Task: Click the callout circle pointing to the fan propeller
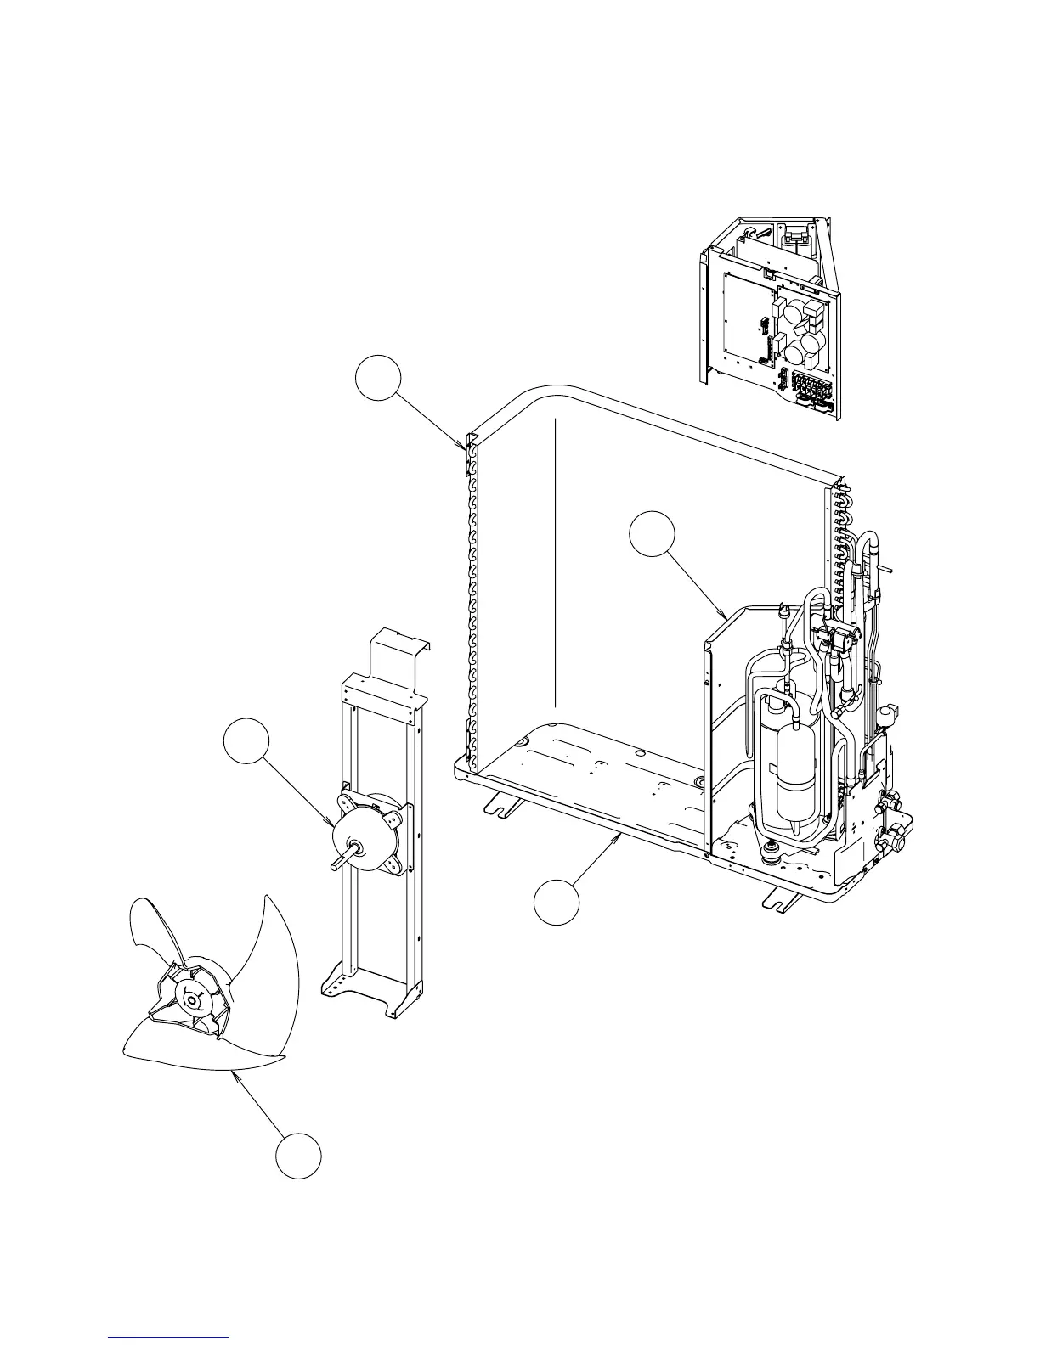click(x=298, y=1156)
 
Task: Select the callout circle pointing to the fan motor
click(x=246, y=743)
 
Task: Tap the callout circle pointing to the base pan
click(x=557, y=902)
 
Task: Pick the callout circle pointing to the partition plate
click(x=652, y=535)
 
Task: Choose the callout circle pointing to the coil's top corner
click(x=377, y=379)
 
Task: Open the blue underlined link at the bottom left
click(x=169, y=1338)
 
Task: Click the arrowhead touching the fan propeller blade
click(x=234, y=1072)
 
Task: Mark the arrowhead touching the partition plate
click(x=723, y=615)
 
